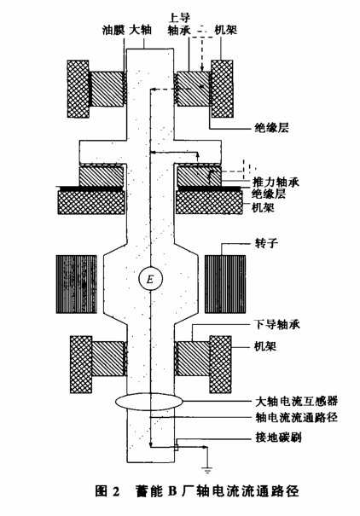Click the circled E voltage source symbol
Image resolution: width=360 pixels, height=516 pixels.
coord(150,280)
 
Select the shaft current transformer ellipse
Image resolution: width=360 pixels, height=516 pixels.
coord(148,401)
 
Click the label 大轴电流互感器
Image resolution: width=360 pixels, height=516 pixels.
coord(297,401)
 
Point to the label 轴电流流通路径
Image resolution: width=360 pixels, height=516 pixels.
coord(297,417)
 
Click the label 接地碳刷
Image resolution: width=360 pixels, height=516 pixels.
coord(278,438)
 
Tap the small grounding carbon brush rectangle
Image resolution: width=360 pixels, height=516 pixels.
coord(177,448)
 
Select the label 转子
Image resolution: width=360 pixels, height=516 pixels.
coord(266,243)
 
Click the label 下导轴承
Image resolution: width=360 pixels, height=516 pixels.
coord(277,325)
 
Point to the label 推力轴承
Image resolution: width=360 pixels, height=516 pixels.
coord(276,182)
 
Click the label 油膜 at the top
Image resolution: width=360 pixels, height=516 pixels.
coord(113,30)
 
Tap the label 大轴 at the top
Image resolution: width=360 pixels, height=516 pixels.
coord(140,30)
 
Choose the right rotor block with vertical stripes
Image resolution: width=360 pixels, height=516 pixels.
coord(225,284)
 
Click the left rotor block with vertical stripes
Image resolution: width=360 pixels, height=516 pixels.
coord(77,284)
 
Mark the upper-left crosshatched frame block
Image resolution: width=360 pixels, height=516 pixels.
coord(78,89)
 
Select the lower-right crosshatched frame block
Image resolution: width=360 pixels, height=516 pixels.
coord(220,364)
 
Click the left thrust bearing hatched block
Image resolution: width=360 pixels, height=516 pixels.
coord(102,177)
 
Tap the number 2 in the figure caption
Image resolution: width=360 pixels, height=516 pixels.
coord(115,491)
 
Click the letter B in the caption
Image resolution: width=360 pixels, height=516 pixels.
coord(173,491)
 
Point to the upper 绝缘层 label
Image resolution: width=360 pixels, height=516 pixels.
coord(272,128)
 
